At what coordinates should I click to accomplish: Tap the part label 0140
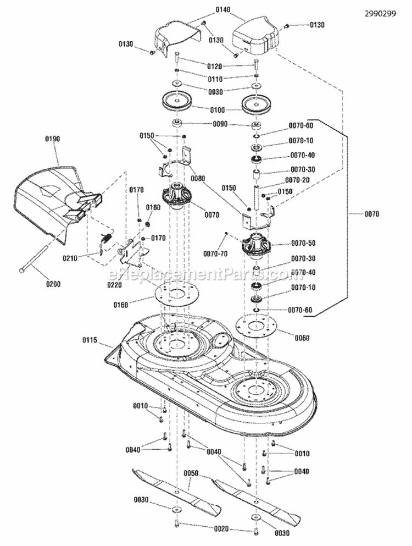(x=211, y=10)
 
